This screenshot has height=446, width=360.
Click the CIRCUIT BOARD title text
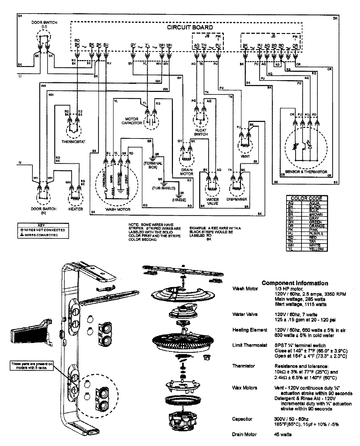coord(190,27)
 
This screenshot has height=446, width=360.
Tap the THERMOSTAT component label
coord(73,141)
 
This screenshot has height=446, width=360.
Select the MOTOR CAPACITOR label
coord(132,121)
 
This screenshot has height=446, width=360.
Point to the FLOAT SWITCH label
coord(201,132)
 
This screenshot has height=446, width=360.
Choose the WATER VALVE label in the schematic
coord(212,201)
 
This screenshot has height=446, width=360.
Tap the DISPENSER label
coord(237,199)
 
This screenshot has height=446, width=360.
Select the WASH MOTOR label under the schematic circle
coord(118,209)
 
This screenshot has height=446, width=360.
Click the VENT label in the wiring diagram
coord(245,156)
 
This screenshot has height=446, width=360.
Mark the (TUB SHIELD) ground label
coord(163,188)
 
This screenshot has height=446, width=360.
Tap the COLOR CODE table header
coord(306,198)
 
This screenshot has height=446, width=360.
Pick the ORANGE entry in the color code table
coord(317,226)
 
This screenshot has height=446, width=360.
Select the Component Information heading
coord(295,283)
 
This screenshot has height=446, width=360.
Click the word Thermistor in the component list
coord(243,366)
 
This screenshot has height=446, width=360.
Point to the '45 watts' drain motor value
coord(283,434)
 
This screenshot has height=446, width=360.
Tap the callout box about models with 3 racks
coord(32,365)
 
